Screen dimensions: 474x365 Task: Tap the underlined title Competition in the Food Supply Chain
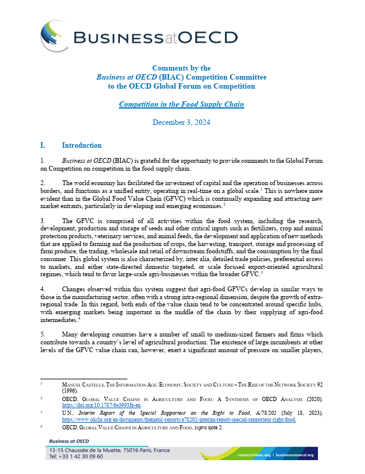[x=181, y=104]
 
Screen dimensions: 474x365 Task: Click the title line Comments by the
[x=181, y=68]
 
